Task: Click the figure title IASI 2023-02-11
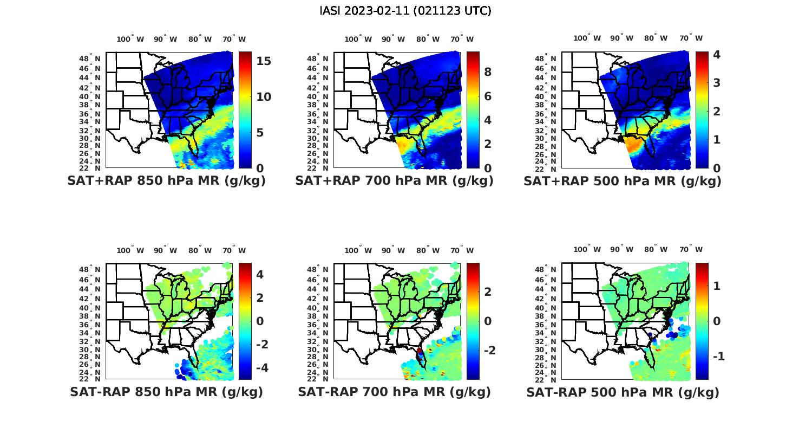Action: [x=405, y=11]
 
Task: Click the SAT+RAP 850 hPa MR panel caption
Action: [x=166, y=181]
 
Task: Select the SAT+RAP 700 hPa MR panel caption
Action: [x=394, y=181]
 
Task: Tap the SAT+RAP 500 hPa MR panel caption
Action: [x=623, y=181]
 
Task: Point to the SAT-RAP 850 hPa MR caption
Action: [x=166, y=392]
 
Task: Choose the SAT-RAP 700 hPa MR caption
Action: [x=394, y=392]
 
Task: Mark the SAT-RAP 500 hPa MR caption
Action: [x=623, y=392]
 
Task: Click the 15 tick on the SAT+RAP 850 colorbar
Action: [x=264, y=61]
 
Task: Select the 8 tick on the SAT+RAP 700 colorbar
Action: [x=487, y=72]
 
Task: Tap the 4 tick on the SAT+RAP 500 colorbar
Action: [x=717, y=54]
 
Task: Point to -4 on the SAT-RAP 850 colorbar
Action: [x=260, y=368]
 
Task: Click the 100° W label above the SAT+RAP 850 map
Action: [x=130, y=39]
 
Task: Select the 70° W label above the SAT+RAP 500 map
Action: [x=691, y=38]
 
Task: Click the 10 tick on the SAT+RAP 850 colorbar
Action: [x=264, y=96]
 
